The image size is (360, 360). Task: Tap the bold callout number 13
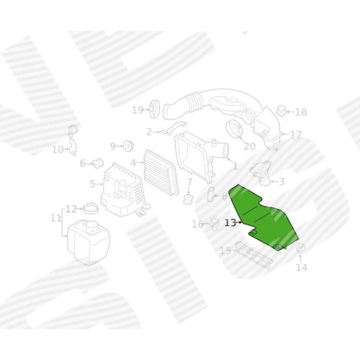click(x=230, y=223)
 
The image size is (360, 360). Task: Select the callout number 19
click(x=138, y=110)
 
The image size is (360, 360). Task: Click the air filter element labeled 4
click(x=161, y=172)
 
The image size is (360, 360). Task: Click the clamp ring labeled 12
click(x=91, y=208)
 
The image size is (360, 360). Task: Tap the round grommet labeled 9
click(x=128, y=146)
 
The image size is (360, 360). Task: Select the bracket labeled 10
click(x=73, y=140)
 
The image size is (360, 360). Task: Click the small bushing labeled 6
click(x=98, y=163)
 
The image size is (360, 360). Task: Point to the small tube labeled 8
click(x=210, y=194)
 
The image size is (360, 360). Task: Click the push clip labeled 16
click(x=215, y=224)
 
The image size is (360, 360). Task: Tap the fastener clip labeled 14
click(x=300, y=248)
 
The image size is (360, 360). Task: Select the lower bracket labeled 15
click(x=253, y=255)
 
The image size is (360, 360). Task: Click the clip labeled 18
click(x=281, y=111)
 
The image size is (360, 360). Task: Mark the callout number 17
click(x=295, y=135)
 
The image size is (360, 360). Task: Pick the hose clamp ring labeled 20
click(x=235, y=130)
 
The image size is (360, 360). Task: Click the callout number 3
click(x=282, y=181)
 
